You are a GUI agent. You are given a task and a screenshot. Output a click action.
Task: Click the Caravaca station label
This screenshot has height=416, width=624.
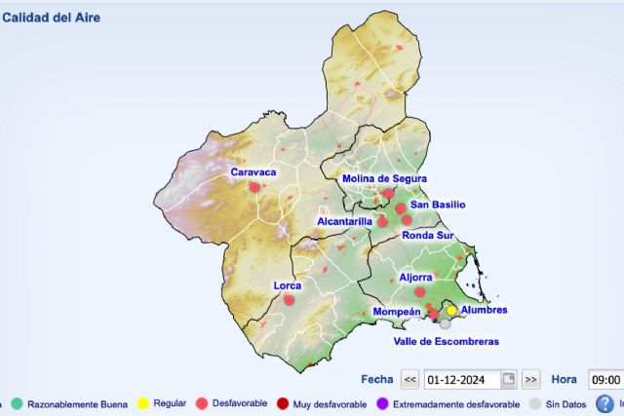pos(253,172)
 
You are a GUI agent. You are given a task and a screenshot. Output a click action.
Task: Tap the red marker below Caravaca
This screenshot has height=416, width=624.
pos(254,187)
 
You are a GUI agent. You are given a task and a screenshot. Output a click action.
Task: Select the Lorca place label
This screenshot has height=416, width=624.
pos(288,285)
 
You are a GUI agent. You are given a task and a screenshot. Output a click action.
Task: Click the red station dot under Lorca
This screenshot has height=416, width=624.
pos(289,300)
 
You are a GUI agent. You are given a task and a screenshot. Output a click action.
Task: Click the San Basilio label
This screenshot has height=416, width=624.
pos(438,205)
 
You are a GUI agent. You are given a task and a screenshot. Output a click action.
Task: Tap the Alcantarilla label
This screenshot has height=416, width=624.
pos(345,222)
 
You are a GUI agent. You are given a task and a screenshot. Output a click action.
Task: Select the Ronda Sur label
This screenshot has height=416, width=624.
pos(428,235)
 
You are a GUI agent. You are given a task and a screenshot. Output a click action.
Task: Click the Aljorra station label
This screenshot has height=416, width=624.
pos(415,278)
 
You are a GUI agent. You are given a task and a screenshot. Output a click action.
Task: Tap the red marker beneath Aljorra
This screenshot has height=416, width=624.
pos(420,291)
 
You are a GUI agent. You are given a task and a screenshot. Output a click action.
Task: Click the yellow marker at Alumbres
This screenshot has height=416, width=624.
pos(451,310)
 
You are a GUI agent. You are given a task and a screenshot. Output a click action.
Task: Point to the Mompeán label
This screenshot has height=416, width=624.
pos(397,312)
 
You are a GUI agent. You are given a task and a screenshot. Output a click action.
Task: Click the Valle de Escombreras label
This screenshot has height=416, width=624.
pos(446,342)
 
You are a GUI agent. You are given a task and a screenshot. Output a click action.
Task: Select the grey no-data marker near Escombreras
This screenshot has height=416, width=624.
pos(445,323)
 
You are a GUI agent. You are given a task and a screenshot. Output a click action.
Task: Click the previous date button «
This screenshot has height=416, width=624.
pos(410,379)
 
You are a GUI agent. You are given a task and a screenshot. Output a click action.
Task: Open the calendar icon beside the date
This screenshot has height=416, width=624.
pos(508,379)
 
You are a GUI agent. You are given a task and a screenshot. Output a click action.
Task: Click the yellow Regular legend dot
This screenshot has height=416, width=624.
pos(141,403)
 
